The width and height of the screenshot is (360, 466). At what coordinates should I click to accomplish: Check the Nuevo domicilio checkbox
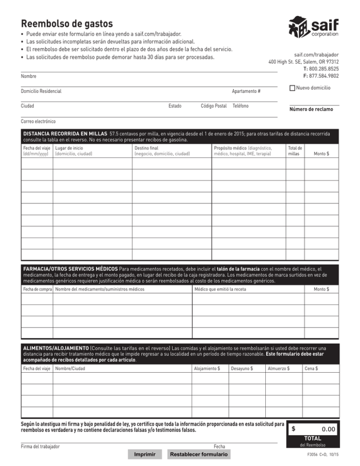click(292, 88)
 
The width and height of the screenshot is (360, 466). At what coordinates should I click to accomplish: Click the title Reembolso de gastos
click(67, 23)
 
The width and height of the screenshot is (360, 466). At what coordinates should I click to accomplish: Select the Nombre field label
click(29, 76)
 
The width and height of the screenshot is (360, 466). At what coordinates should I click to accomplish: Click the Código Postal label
click(213, 106)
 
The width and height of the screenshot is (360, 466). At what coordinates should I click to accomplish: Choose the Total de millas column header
click(294, 150)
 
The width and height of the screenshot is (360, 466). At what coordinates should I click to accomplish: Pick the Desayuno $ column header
click(242, 369)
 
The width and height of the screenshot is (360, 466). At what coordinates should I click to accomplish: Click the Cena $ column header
click(311, 369)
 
